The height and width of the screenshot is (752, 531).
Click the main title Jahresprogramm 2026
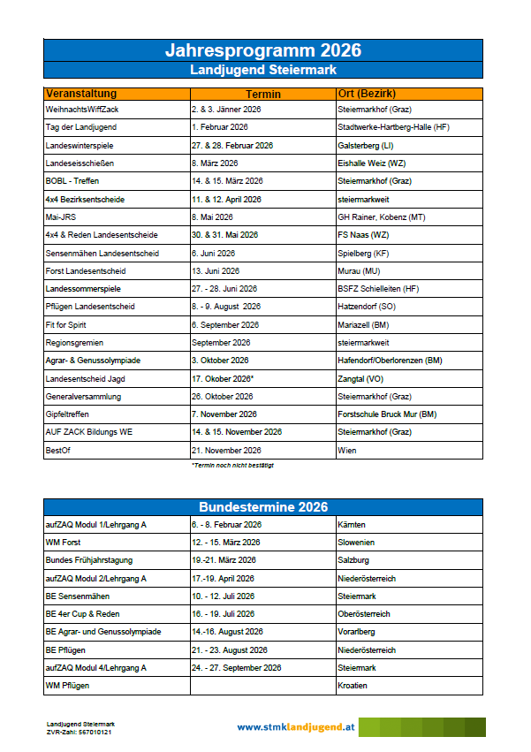[x=262, y=50]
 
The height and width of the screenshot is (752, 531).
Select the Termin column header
[x=262, y=94]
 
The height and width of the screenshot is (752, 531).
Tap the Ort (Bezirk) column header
[x=366, y=94]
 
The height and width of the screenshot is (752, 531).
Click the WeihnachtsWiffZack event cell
[x=80, y=109]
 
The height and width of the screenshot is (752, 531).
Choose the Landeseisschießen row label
[x=80, y=163]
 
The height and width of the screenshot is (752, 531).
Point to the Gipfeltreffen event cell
[x=69, y=414]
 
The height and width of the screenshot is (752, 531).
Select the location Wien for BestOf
[x=347, y=451]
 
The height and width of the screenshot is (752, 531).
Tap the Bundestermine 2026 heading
[x=262, y=507]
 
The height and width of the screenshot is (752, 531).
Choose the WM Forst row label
[x=64, y=542]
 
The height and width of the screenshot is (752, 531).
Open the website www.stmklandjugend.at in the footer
[x=296, y=726]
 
